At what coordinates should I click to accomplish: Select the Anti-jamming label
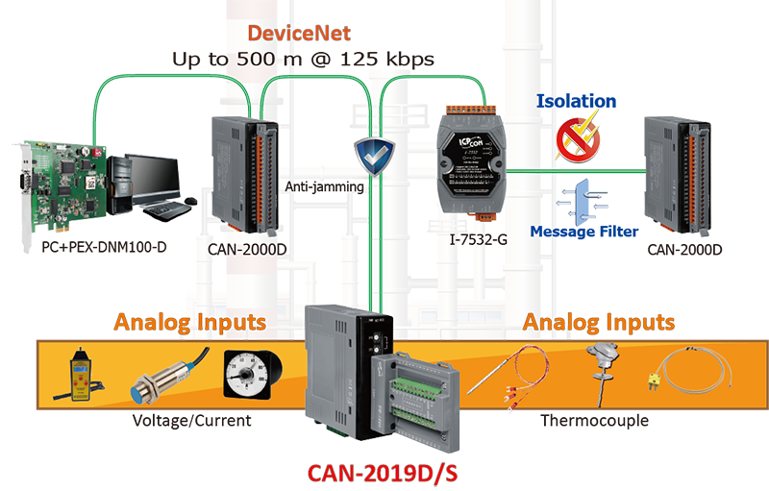click(326, 187)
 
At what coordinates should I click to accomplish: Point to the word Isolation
click(576, 101)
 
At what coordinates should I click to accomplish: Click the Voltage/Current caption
click(193, 421)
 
